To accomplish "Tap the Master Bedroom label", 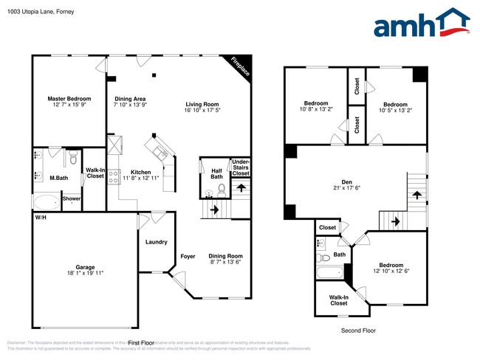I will pos(69,102).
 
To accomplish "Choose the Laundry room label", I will pos(156,242).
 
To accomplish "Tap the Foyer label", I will pos(188,256).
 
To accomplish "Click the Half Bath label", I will pos(216,174).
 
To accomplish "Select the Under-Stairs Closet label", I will pos(241,167).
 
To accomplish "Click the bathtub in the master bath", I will pos(47,201).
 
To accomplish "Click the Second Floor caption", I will pos(357,330).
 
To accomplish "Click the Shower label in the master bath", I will pos(72,198).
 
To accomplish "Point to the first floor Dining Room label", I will pos(225,259).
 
